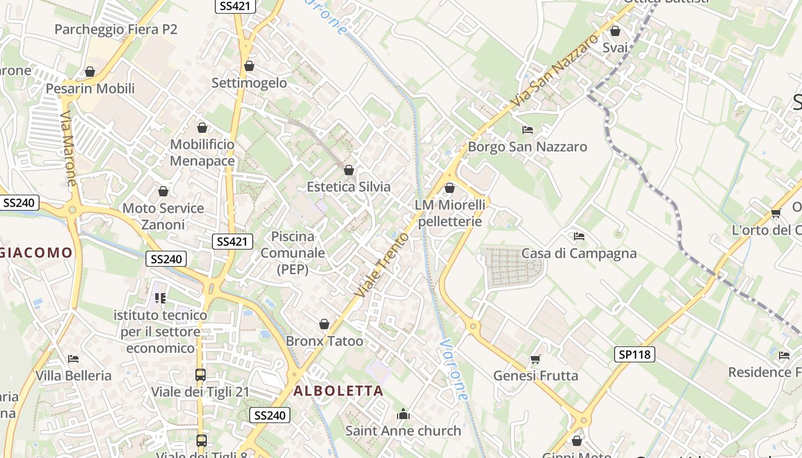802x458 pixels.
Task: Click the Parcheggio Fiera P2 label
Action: click(x=116, y=29)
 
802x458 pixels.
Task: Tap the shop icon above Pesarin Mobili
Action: click(x=90, y=72)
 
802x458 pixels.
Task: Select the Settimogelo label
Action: click(x=249, y=82)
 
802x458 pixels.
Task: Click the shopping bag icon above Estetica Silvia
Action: click(x=348, y=170)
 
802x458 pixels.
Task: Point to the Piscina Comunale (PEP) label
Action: click(x=293, y=252)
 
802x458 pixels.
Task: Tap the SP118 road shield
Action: click(x=635, y=354)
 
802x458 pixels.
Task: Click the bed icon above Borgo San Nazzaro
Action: click(x=528, y=130)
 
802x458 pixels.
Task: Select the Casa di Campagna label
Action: click(x=579, y=253)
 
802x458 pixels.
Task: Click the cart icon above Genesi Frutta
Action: click(x=535, y=359)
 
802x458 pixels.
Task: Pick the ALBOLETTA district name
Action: click(x=338, y=391)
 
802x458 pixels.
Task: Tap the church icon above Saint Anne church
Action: click(x=403, y=414)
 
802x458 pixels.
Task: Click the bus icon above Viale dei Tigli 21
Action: click(x=200, y=375)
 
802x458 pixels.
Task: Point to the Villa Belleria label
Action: click(x=73, y=376)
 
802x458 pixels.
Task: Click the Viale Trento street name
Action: click(x=382, y=264)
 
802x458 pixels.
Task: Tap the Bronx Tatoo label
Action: click(x=324, y=341)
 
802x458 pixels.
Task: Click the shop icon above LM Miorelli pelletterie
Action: click(x=450, y=188)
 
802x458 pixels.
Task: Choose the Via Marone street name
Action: click(x=68, y=148)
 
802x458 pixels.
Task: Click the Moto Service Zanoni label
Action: click(x=163, y=216)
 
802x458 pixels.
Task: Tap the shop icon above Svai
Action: click(x=615, y=31)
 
